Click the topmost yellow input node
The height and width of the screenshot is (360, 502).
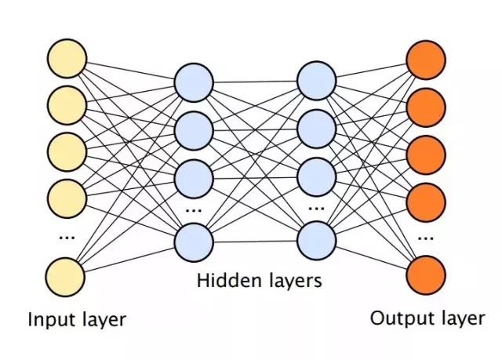[67, 59]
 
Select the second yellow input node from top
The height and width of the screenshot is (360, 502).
[67, 105]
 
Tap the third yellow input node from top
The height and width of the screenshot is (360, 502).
[67, 152]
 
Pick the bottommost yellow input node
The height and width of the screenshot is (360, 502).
[65, 277]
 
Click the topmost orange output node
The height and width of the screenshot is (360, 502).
[426, 60]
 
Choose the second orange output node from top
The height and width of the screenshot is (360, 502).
[426, 107]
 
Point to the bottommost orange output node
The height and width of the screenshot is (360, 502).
[426, 275]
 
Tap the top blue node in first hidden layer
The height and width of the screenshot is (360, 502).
[194, 82]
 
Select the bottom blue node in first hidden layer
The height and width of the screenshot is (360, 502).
[194, 242]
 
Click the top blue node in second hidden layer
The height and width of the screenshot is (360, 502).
[317, 81]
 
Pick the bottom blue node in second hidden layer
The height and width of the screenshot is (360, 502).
[317, 241]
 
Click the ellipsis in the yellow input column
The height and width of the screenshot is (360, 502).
[67, 238]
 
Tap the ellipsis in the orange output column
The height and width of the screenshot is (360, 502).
[426, 238]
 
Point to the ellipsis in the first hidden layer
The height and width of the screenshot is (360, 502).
[194, 210]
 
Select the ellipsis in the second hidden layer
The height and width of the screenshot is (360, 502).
[316, 209]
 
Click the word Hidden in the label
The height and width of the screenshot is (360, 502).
[229, 280]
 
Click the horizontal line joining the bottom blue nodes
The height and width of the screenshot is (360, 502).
[255, 242]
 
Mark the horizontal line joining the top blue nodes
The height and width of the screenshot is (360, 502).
[255, 82]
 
